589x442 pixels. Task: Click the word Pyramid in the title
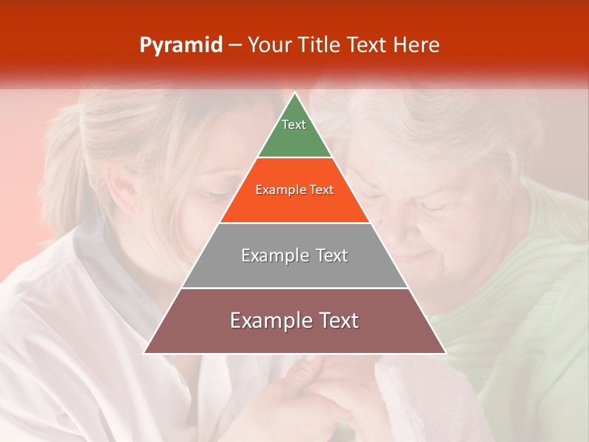tap(181, 45)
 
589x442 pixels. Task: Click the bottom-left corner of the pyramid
tap(145, 353)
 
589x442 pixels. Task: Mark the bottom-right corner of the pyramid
tap(445, 353)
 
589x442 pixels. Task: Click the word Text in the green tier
tap(294, 125)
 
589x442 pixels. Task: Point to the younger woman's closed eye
tap(215, 195)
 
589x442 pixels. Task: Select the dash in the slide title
tap(234, 45)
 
